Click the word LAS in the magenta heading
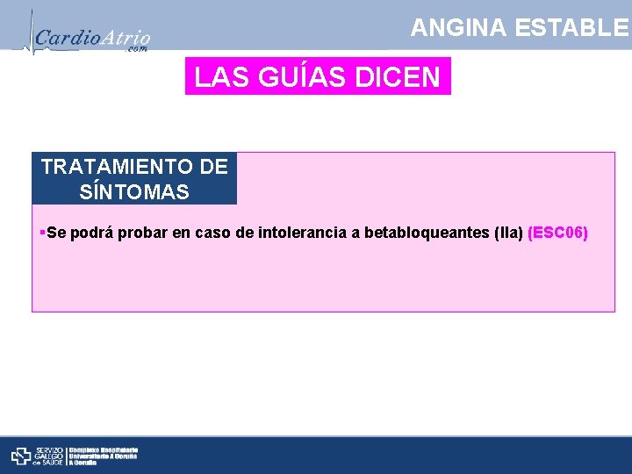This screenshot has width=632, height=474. (217, 77)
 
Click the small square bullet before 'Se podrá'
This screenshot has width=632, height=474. (42, 233)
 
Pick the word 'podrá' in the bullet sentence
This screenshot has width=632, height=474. (88, 233)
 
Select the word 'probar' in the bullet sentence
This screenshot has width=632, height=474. (136, 233)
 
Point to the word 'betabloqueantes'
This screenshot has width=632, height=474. (427, 233)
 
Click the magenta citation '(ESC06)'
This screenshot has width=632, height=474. (557, 233)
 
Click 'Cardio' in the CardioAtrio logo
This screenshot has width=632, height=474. (61, 39)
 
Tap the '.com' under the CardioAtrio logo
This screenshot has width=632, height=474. (138, 50)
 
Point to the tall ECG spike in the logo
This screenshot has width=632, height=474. (31, 31)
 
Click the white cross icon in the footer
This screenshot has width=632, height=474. (21, 456)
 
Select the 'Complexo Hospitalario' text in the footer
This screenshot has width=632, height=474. (110, 449)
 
